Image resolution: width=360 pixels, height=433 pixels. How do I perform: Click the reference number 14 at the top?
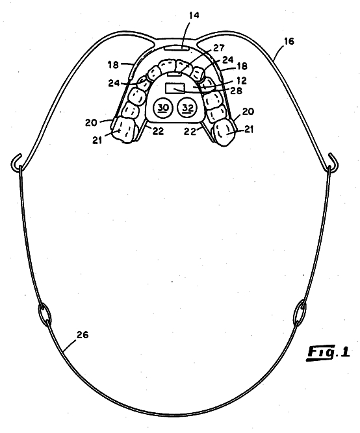coord(194,15)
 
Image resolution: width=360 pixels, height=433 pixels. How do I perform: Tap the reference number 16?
coord(289,42)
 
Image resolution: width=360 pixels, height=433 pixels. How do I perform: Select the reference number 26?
coord(83,335)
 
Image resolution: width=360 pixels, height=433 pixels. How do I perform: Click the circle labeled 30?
coord(162,107)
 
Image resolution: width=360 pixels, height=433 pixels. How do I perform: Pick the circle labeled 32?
coord(187,107)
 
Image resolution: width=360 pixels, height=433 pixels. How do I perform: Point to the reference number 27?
coord(219,48)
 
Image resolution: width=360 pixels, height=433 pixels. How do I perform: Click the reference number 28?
coord(236,91)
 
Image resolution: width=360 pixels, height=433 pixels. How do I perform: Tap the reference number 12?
coord(241,80)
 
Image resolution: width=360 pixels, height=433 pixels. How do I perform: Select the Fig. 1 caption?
coord(328,353)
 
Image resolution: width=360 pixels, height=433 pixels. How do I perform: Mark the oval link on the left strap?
coord(45,314)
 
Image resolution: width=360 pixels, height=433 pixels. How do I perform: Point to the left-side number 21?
coord(97,140)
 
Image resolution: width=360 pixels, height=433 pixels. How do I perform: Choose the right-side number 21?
coord(249,129)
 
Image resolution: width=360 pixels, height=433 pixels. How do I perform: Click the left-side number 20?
coord(91,122)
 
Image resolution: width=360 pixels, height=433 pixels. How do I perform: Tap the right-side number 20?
coord(248,112)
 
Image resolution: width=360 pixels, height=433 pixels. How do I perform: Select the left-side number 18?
coord(113,65)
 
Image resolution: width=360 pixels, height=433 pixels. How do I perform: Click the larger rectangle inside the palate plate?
coord(175,88)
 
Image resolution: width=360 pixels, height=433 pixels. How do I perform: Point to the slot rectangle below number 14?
coord(177,48)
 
